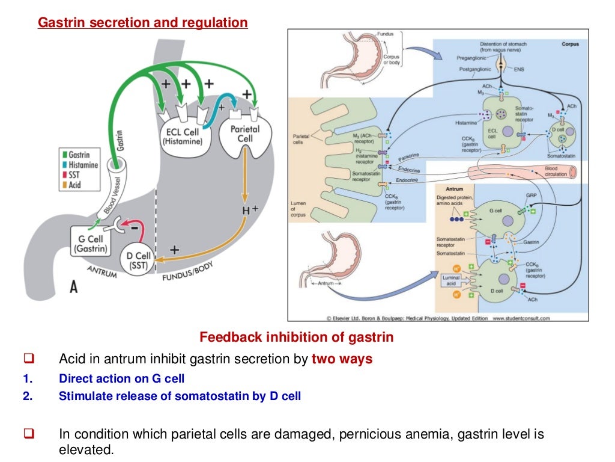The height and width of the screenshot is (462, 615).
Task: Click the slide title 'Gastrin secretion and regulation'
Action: pos(142,23)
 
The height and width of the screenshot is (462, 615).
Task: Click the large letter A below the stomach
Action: pos(73,288)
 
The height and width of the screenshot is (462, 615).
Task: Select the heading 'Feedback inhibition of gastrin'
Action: pos(296,337)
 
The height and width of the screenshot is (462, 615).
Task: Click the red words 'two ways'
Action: pos(342,359)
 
